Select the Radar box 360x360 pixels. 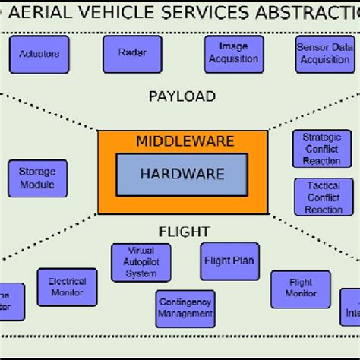(132, 53)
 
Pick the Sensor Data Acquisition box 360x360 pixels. (324, 55)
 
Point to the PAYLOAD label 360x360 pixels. (182, 96)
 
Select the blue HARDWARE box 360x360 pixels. (182, 174)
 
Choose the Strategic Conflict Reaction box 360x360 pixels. (321, 149)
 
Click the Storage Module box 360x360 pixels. (37, 178)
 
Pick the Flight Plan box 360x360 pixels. (229, 261)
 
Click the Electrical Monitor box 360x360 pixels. (68, 287)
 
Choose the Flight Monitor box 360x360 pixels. (302, 289)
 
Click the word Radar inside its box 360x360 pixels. (132, 53)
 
